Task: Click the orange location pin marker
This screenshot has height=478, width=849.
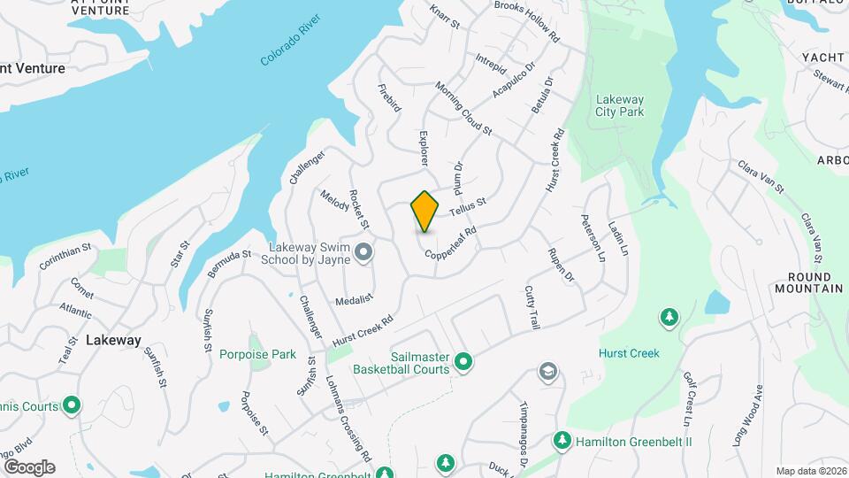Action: (425, 212)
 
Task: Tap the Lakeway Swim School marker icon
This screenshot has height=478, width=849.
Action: (363, 255)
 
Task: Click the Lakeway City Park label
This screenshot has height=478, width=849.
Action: (619, 105)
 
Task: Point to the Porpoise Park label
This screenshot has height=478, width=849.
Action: (258, 354)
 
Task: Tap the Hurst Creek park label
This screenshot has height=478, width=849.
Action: (629, 353)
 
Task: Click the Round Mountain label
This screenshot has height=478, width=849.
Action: (808, 282)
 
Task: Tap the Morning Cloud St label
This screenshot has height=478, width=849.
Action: (463, 109)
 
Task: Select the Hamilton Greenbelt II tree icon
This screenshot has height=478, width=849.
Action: (561, 440)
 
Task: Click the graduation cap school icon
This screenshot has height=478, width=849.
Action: (548, 370)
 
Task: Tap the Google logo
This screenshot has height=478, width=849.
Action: (29, 466)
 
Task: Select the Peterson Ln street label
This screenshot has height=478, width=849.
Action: (593, 236)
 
